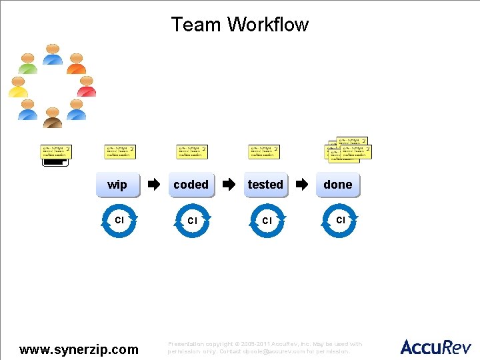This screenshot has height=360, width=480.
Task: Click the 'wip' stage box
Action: click(x=117, y=185)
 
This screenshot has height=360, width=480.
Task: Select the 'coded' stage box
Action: click(x=191, y=185)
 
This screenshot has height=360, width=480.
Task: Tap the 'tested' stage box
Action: click(x=265, y=185)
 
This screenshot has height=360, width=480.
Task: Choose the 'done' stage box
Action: click(x=338, y=185)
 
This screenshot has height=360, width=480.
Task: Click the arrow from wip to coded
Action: click(x=154, y=184)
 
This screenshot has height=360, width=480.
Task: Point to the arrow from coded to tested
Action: click(x=228, y=184)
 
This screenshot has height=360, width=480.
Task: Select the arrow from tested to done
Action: click(x=302, y=184)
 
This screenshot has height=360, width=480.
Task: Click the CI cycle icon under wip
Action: click(x=119, y=221)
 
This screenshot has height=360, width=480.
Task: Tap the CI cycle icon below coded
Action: click(x=192, y=221)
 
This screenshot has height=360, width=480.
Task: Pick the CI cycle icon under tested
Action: click(x=267, y=221)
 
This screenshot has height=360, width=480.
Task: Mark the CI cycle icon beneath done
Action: click(x=340, y=221)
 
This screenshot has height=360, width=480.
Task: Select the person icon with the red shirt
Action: click(x=87, y=87)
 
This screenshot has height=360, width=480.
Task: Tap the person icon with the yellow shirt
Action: click(x=18, y=87)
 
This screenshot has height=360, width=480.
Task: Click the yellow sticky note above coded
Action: click(x=191, y=152)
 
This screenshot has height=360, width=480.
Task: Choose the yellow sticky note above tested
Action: click(x=263, y=152)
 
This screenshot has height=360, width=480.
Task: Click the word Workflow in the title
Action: click(x=267, y=25)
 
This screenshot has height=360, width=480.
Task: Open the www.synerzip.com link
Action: click(x=79, y=349)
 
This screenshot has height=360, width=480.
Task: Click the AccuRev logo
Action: click(x=435, y=347)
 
